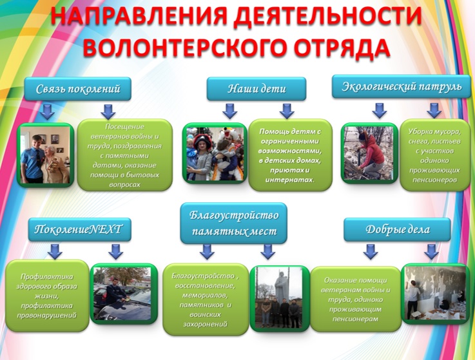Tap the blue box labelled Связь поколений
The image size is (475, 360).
(x=77, y=89)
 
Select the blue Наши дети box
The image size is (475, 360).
(x=257, y=89)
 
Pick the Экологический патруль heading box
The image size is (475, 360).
(x=402, y=86)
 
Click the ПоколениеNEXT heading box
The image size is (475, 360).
(x=80, y=229)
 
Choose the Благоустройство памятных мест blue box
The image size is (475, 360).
(x=233, y=223)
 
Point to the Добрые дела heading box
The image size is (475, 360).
(x=397, y=229)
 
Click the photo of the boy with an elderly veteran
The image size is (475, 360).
(x=46, y=155)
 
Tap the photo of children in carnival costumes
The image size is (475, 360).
(x=215, y=153)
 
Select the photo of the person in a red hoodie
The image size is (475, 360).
(x=369, y=153)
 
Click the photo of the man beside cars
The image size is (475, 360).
(x=124, y=294)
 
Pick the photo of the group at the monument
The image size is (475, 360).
(x=279, y=298)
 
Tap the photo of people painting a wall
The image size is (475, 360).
(x=435, y=294)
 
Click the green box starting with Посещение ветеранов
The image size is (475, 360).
(x=125, y=155)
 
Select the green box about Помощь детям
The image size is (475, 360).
(x=290, y=155)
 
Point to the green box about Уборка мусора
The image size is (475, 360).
(x=434, y=155)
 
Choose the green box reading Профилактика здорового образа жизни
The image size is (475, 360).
(x=47, y=296)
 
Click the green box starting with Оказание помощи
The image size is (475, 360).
(x=356, y=299)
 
